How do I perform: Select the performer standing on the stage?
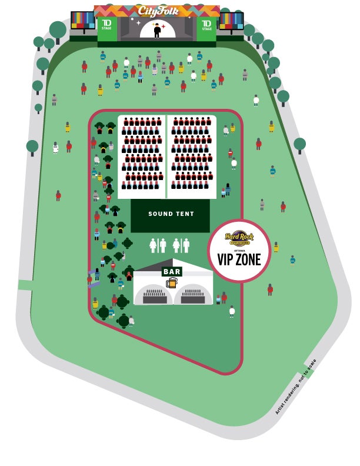point(156,30)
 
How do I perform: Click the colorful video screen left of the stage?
point(83,20)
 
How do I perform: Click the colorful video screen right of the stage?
point(231,21)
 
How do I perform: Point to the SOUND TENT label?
point(171,214)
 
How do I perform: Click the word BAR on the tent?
point(172,272)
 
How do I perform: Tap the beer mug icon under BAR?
point(172,282)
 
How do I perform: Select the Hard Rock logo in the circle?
point(239,237)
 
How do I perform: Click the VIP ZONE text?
point(239,259)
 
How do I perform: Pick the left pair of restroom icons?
point(158,245)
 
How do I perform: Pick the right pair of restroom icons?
point(181,245)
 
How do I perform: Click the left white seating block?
point(141,157)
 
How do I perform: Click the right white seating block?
point(192,157)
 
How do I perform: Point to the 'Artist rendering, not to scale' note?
point(296,386)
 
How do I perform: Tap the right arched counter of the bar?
point(193,294)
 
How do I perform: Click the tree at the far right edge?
point(300,144)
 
